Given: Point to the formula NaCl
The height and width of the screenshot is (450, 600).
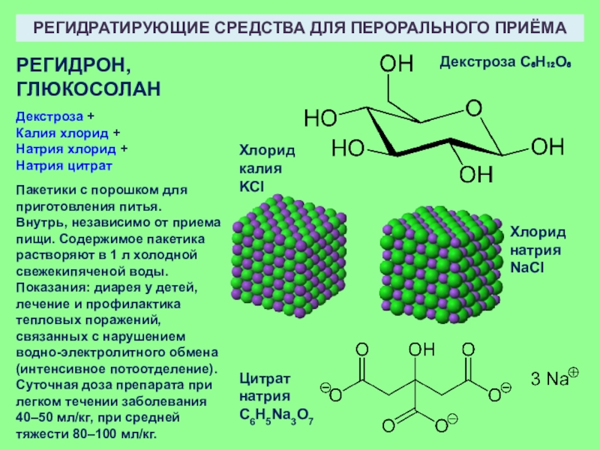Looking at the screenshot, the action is (x=527, y=267).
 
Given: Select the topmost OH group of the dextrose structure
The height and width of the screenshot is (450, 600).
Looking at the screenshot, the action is (x=396, y=62).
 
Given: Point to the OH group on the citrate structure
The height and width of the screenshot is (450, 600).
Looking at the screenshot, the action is (x=421, y=349).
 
